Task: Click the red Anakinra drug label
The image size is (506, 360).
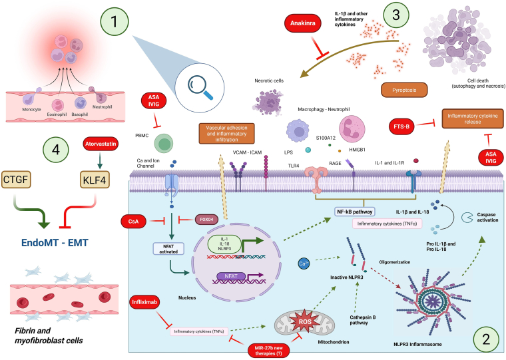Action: click(303, 23)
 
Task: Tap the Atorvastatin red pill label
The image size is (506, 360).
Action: click(101, 144)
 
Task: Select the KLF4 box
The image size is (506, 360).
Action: click(95, 180)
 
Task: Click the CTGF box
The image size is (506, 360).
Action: click(16, 179)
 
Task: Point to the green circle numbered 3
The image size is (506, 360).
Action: click(396, 15)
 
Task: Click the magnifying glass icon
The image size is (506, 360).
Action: click(200, 87)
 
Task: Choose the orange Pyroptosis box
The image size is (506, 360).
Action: click(404, 90)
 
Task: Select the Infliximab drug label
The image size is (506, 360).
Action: click(144, 302)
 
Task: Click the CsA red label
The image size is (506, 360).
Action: click(133, 222)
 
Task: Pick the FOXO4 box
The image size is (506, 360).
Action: click(206, 220)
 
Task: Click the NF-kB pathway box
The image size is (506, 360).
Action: click(354, 212)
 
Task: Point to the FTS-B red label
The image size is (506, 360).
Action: click(401, 127)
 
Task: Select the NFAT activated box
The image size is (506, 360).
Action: click(168, 249)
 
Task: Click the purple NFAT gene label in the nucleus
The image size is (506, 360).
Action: click(231, 276)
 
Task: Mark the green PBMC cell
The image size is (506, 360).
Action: click(164, 144)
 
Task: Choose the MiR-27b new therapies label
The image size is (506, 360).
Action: click(268, 351)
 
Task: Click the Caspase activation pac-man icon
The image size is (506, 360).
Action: click(467, 217)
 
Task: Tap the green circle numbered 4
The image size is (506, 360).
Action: click(56, 150)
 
